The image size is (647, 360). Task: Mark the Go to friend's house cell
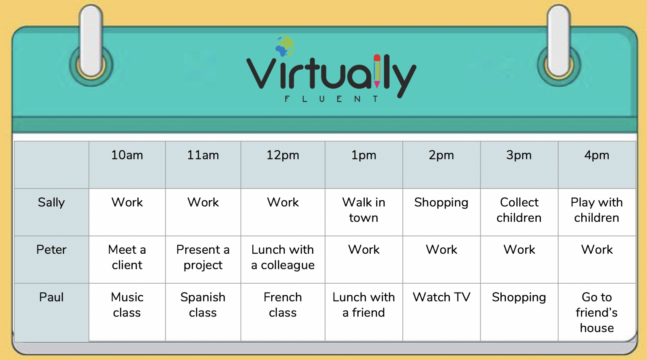pyautogui.click(x=597, y=312)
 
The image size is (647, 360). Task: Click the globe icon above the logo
pyautogui.click(x=284, y=46)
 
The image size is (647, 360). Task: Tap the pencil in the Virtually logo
pyautogui.click(x=377, y=71)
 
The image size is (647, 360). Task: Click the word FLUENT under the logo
pyautogui.click(x=332, y=99)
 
